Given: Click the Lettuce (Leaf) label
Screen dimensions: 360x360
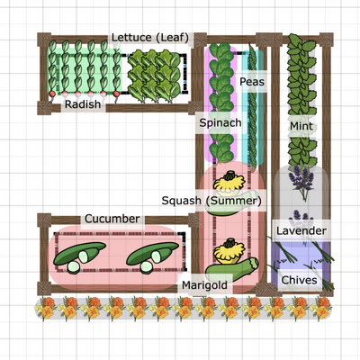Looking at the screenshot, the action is click(x=150, y=38).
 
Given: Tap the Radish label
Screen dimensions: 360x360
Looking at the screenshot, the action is click(x=83, y=104).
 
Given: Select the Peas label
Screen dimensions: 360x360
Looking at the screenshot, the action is click(x=252, y=82).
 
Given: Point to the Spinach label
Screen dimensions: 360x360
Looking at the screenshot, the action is click(x=220, y=122).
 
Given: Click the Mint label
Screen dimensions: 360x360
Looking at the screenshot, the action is click(x=301, y=126).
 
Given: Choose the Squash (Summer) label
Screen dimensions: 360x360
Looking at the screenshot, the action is click(x=211, y=201).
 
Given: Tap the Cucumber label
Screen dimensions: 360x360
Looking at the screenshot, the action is click(x=112, y=219).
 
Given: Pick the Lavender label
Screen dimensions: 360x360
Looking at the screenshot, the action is click(x=301, y=230).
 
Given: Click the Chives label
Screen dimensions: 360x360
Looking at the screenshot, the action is click(x=299, y=280).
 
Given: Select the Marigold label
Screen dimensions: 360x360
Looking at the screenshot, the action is click(x=204, y=285).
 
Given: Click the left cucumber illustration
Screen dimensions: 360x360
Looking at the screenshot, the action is click(x=79, y=257).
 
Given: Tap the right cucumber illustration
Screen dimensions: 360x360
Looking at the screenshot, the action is click(x=152, y=257).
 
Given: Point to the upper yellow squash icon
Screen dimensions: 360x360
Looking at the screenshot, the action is click(x=229, y=182).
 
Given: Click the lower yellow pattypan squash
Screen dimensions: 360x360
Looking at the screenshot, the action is click(x=229, y=251).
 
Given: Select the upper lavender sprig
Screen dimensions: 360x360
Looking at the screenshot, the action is click(x=301, y=183).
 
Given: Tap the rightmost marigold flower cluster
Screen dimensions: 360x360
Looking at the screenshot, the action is click(x=321, y=308).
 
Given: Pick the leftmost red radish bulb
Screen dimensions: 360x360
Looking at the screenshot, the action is click(x=52, y=94).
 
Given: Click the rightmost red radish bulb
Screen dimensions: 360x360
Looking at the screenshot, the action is click(x=116, y=94).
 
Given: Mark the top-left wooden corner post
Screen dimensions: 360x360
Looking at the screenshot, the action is click(x=44, y=40).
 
